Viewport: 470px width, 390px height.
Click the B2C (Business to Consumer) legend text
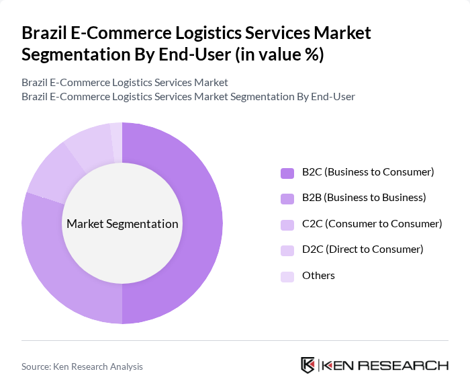click(x=368, y=172)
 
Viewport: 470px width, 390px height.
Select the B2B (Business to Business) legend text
click(x=364, y=198)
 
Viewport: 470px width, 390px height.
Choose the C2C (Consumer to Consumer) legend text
click(x=372, y=223)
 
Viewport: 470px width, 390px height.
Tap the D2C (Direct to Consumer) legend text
click(x=363, y=249)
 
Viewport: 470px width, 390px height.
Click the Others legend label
click(x=318, y=275)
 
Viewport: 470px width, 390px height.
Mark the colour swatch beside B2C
click(x=287, y=173)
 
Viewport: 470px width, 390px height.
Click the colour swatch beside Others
click(x=287, y=276)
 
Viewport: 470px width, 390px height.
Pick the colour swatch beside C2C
click(x=287, y=224)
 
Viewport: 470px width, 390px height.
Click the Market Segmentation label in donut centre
click(x=122, y=224)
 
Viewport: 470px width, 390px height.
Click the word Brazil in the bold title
click(x=44, y=33)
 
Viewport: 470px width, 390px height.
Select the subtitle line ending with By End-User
click(x=188, y=96)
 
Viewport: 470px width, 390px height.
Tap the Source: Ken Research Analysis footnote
click(x=82, y=366)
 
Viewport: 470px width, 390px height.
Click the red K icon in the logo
click(x=308, y=365)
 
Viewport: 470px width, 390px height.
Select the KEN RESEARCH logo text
click(x=385, y=365)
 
